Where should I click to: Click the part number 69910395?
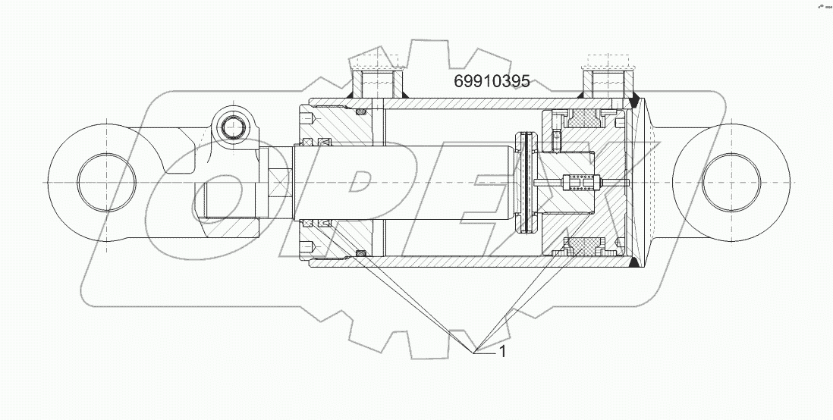pos(492,82)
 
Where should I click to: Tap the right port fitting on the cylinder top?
pos(606,82)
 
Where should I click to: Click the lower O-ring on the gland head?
pos(360,252)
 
